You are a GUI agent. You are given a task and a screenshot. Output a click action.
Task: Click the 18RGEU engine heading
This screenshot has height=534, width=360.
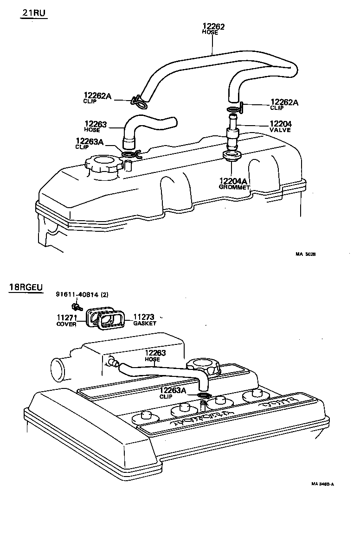pyautogui.click(x=26, y=287)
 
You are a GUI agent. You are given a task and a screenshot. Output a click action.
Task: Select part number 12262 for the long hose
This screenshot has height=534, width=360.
pyautogui.click(x=213, y=27)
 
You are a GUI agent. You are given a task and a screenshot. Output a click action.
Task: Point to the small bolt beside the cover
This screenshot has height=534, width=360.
pyautogui.click(x=76, y=306)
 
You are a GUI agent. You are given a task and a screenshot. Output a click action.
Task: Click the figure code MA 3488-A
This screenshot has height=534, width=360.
pyautogui.click(x=322, y=484)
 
